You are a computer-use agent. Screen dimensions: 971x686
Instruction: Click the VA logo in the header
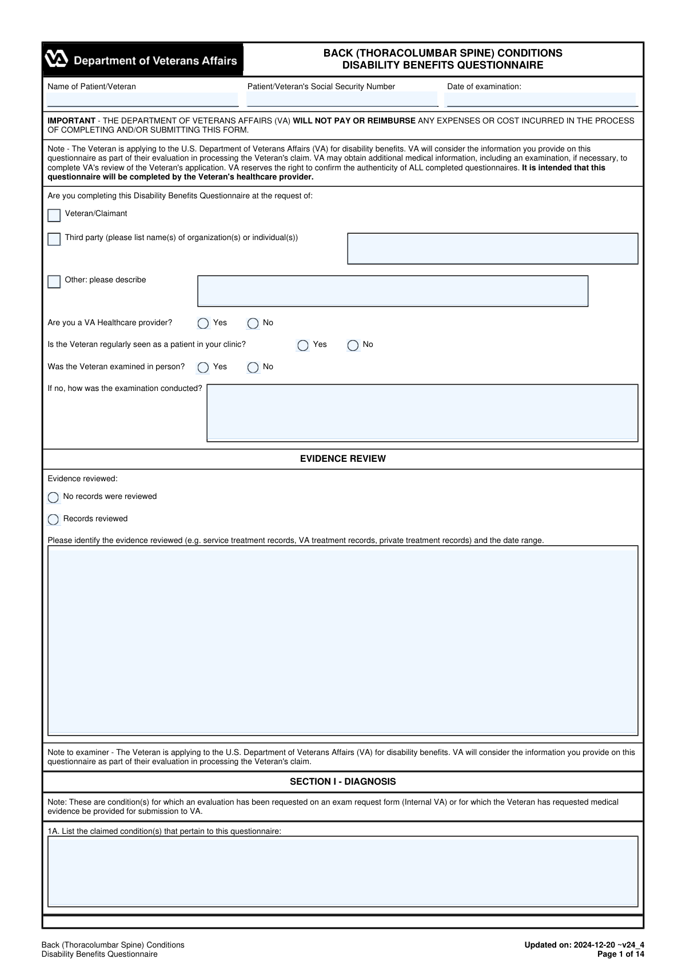coord(57,59)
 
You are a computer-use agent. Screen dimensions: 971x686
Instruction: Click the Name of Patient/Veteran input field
coord(142,99)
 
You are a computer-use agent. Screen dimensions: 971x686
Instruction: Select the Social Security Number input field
coord(342,99)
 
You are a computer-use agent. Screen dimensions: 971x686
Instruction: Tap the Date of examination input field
coord(541,99)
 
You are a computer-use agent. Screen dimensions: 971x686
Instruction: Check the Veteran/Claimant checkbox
coord(54,215)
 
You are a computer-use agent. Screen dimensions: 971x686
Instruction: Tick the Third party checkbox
coord(54,239)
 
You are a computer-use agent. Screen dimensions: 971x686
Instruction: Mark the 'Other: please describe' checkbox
coord(54,282)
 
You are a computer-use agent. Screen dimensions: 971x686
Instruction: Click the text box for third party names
coord(492,249)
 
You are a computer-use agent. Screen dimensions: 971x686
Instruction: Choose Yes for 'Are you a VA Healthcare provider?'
coord(203,323)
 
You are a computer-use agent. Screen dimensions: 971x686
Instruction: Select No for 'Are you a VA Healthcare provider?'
coord(253,323)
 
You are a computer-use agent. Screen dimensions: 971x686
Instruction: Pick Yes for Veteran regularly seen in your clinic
coord(303,345)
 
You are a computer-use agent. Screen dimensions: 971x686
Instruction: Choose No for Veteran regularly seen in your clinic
coord(353,345)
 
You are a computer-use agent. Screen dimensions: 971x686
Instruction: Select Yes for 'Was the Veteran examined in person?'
coord(203,367)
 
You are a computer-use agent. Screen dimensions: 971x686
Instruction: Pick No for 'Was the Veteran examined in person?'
coord(253,367)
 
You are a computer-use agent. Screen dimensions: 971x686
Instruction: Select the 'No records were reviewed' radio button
coord(54,497)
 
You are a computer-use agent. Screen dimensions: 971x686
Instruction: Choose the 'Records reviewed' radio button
coord(54,520)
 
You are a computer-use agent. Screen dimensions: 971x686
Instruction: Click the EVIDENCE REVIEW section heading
coord(343,459)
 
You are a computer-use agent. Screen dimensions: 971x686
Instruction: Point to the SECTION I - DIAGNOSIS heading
coord(343,782)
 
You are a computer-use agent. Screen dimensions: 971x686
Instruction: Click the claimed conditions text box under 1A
coord(343,872)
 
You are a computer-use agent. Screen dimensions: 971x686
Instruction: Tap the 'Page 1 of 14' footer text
coord(620,954)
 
